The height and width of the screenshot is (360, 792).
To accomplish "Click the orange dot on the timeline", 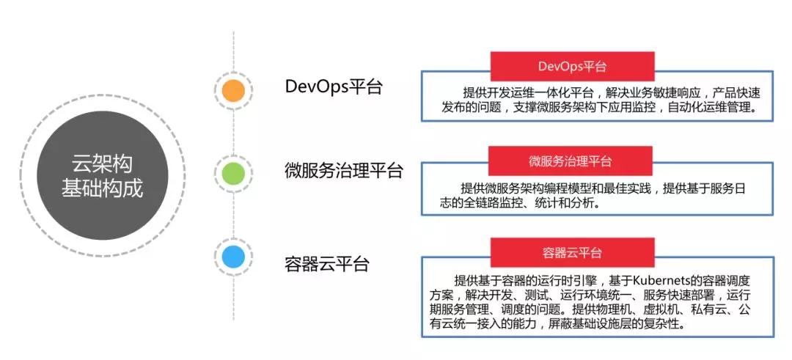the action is pyautogui.click(x=233, y=91).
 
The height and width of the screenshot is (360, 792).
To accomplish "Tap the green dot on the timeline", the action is pyautogui.click(x=233, y=173).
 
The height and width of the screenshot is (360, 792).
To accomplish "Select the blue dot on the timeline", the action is pyautogui.click(x=233, y=257).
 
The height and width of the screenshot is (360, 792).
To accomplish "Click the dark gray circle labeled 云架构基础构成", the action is pyautogui.click(x=103, y=175).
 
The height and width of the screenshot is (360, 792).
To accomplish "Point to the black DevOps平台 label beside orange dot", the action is pyautogui.click(x=334, y=87).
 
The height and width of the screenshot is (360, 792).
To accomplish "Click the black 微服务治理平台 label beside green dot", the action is pyautogui.click(x=343, y=171).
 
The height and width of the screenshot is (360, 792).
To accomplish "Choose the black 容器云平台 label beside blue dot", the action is pyautogui.click(x=327, y=264).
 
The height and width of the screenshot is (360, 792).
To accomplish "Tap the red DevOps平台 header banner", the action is pyautogui.click(x=572, y=67).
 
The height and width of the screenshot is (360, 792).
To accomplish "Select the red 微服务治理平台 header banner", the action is pyautogui.click(x=571, y=161).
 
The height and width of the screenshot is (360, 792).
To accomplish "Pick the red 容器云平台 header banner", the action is pyautogui.click(x=572, y=252).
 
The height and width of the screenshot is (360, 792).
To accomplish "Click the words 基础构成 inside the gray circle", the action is pyautogui.click(x=102, y=189).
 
